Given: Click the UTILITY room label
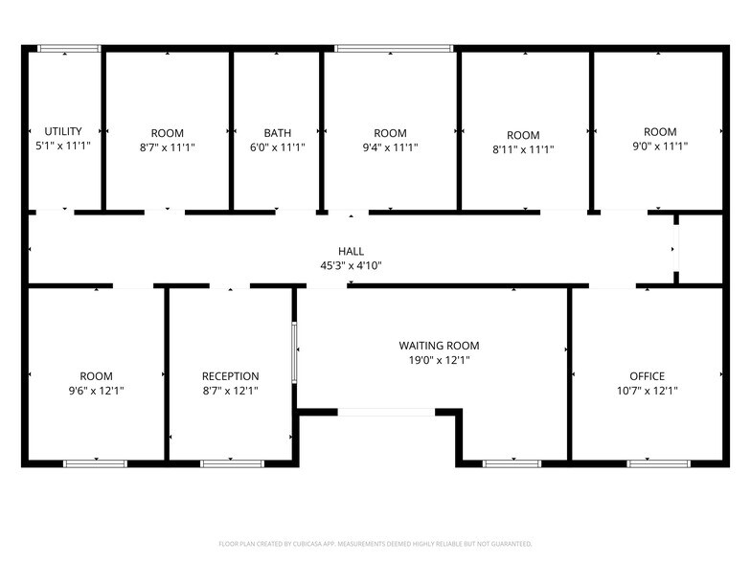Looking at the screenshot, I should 63,131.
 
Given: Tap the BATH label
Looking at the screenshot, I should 278,133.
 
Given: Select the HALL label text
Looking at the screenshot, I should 351,251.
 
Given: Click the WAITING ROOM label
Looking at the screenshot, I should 439,346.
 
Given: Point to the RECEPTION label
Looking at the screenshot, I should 230,376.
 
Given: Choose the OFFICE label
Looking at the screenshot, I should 647,376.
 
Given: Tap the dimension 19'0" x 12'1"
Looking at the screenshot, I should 439,360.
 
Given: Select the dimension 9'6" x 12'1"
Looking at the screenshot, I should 96,391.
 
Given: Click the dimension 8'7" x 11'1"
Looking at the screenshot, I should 167,147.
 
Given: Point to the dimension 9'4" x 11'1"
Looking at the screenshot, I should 390,147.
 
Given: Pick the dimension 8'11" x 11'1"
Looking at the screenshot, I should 523,149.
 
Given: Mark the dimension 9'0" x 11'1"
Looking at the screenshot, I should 659,146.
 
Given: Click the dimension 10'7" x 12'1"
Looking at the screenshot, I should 647,391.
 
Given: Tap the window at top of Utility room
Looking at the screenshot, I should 69,48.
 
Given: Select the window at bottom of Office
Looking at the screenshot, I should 658,463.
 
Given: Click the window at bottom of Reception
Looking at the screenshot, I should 232,463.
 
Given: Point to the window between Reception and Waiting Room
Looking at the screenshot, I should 295,352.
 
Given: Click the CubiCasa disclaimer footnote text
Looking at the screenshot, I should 375,544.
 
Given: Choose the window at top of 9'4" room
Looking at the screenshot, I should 394,48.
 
